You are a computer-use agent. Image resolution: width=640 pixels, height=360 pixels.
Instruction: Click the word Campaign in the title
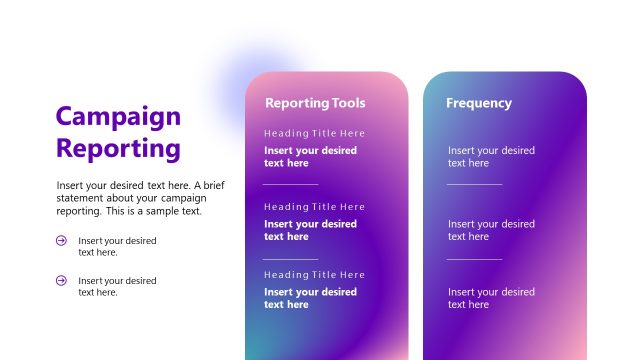(118, 117)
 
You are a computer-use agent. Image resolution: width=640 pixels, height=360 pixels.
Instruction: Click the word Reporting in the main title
(118, 149)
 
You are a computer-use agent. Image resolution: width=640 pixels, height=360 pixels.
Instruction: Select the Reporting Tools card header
(315, 103)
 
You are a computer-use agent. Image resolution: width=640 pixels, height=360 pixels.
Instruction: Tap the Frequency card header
(478, 103)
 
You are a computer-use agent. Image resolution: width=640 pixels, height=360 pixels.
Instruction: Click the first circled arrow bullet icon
(61, 240)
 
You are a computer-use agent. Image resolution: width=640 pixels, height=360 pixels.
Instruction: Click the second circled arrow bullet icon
(61, 280)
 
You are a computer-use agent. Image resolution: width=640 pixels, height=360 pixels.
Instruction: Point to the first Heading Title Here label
(314, 133)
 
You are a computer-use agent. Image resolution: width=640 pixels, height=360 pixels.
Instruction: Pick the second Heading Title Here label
(314, 207)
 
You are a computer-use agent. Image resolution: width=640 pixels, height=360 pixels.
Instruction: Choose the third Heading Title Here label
(314, 275)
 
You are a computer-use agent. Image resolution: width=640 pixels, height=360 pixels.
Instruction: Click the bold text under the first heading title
(310, 157)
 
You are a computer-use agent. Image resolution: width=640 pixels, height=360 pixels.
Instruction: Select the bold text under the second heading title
(310, 230)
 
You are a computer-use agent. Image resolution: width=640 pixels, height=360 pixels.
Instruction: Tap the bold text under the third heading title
(310, 298)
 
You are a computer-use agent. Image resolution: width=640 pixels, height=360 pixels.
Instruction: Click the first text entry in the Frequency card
(491, 157)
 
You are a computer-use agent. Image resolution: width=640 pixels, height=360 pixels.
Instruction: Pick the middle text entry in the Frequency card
(491, 230)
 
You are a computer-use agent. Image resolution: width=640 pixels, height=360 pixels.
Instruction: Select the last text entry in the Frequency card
(491, 298)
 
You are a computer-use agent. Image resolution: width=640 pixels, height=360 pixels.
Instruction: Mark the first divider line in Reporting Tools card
(290, 184)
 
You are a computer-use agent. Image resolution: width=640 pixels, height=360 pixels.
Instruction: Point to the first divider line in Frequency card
(474, 184)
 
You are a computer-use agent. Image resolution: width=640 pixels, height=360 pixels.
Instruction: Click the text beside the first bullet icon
(117, 246)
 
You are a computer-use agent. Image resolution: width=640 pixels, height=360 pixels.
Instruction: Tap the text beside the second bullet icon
(117, 286)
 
